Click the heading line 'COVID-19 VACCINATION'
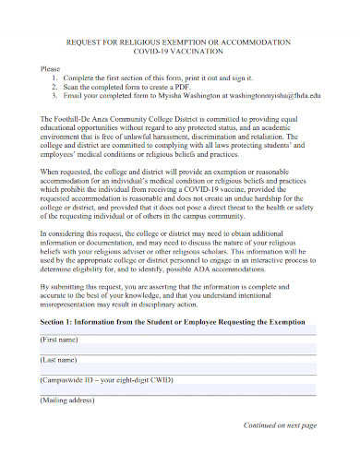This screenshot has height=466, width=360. (x=179, y=53)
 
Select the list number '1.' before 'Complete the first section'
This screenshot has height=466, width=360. (x=56, y=79)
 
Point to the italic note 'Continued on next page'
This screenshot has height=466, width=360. (x=280, y=425)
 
